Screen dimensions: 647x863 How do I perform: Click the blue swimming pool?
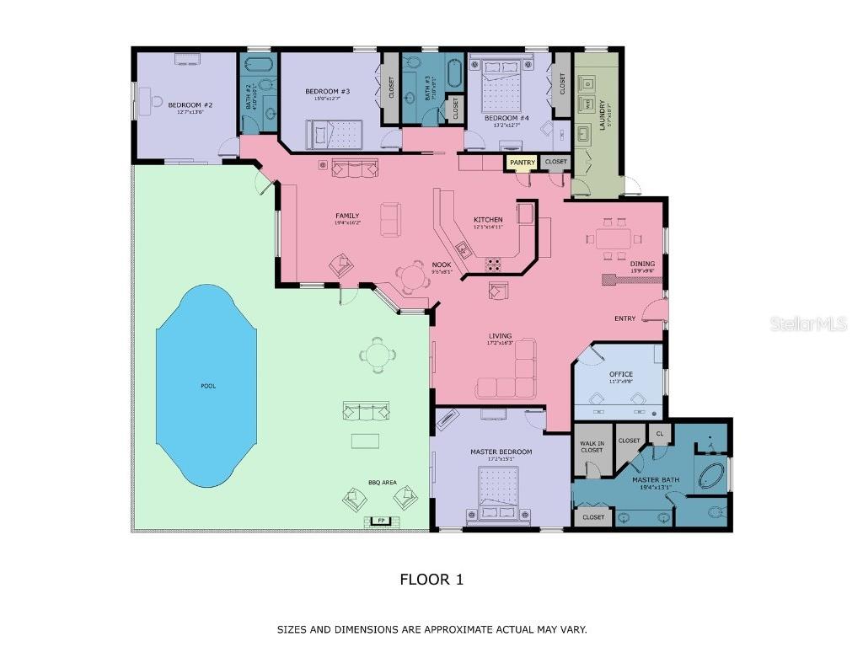(206, 386)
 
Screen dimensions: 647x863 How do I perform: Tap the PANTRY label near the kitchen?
(522, 162)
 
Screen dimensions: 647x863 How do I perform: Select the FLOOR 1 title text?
(431, 580)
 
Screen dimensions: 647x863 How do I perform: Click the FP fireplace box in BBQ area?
(381, 521)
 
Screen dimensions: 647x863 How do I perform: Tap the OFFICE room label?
(620, 374)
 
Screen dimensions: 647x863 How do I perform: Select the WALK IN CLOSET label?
(592, 446)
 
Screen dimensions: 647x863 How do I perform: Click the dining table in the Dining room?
(614, 238)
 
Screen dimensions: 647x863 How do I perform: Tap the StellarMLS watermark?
(807, 324)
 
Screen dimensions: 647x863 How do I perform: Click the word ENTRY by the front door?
(624, 318)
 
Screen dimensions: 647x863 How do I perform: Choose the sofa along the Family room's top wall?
(356, 168)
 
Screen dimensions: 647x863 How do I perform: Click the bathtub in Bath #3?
(454, 74)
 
